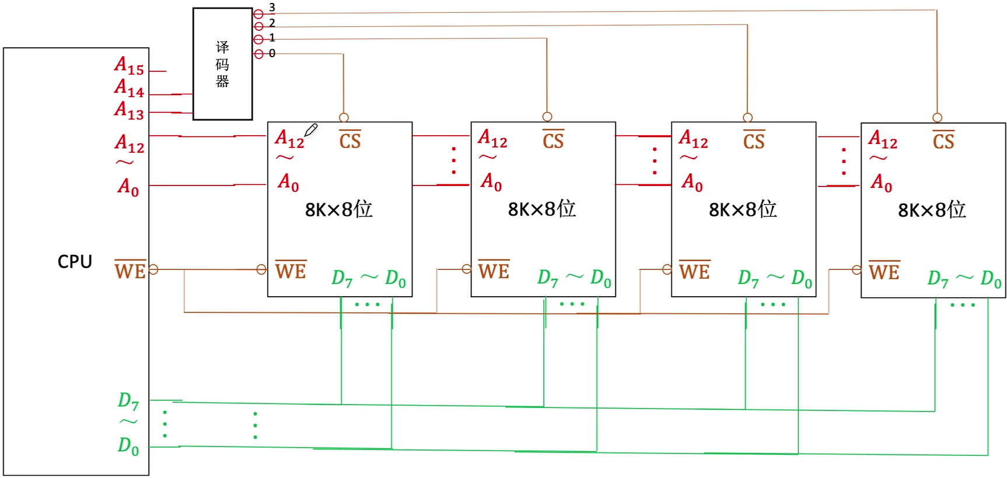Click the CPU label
[x=75, y=262]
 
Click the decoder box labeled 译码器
[x=222, y=64]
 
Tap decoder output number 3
[x=272, y=8]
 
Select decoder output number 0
[x=272, y=54]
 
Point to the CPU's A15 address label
[x=129, y=65]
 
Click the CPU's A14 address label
[x=129, y=88]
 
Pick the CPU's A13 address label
[x=129, y=110]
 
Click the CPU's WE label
[x=130, y=270]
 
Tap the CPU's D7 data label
[x=128, y=400]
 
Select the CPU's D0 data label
[x=128, y=446]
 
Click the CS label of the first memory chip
[x=350, y=140]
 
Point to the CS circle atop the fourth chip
[x=937, y=118]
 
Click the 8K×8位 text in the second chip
[x=541, y=209]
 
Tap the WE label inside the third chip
[x=694, y=271]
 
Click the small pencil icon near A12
[x=311, y=130]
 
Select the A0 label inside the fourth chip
[x=881, y=183]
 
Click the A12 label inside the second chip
[x=492, y=139]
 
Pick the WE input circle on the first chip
[x=261, y=269]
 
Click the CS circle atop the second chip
[x=547, y=117]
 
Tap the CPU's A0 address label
[x=128, y=187]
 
